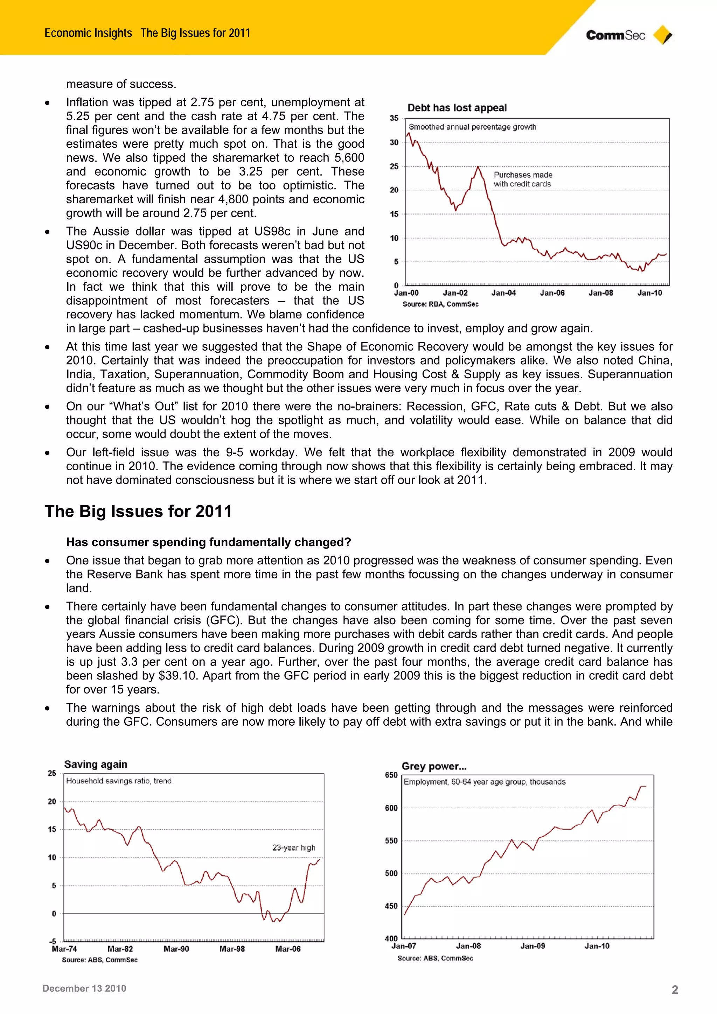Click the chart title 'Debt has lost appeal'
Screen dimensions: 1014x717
click(x=457, y=108)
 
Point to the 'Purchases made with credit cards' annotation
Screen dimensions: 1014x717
click(x=523, y=179)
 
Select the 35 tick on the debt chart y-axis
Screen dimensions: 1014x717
click(x=394, y=118)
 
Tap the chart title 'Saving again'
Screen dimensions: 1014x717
click(x=96, y=764)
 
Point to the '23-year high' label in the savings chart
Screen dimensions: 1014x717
click(x=293, y=847)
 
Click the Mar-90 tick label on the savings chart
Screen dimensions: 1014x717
click(x=176, y=949)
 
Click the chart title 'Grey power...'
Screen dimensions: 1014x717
click(x=434, y=766)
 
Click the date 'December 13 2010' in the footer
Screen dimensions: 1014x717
click(x=84, y=988)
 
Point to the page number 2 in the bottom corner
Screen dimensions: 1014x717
click(x=675, y=990)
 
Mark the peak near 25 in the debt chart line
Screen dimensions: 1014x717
click(x=478, y=167)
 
